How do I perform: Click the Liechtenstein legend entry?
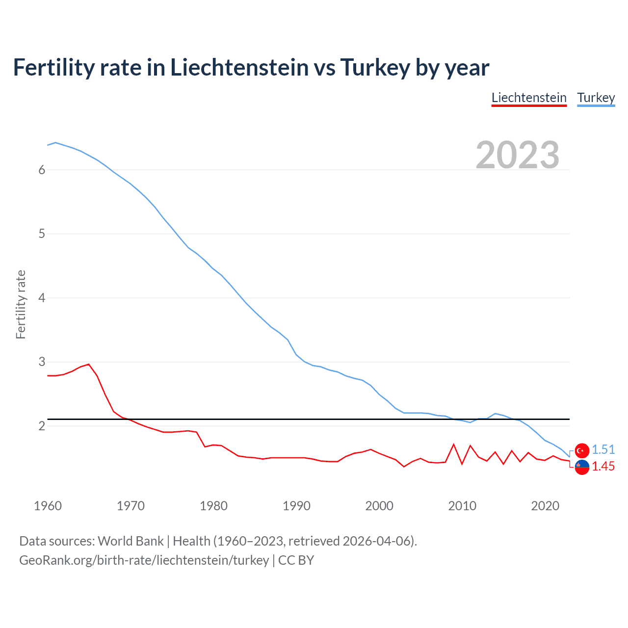pyautogui.click(x=529, y=98)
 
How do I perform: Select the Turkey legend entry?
pyautogui.click(x=596, y=98)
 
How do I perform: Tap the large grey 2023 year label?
pyautogui.click(x=517, y=155)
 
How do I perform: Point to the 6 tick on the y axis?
pyautogui.click(x=42, y=170)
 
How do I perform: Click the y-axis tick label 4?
pyautogui.click(x=42, y=298)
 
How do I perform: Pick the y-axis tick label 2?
pyautogui.click(x=42, y=426)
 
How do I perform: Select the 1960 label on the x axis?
pyautogui.click(x=48, y=506)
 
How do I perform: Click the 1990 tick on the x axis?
pyautogui.click(x=296, y=506)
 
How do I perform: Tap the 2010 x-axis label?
pyautogui.click(x=462, y=506)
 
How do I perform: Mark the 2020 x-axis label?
pyautogui.click(x=545, y=506)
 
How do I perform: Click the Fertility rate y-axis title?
pyautogui.click(x=21, y=304)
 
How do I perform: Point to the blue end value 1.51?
pyautogui.click(x=603, y=449)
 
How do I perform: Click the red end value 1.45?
pyautogui.click(x=603, y=466)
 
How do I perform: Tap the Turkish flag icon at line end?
pyautogui.click(x=582, y=450)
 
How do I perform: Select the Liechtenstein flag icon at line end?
pyautogui.click(x=582, y=468)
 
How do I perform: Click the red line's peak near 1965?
pyautogui.click(x=88, y=364)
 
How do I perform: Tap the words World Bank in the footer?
pyautogui.click(x=131, y=541)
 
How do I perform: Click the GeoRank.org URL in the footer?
pyautogui.click(x=144, y=560)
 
